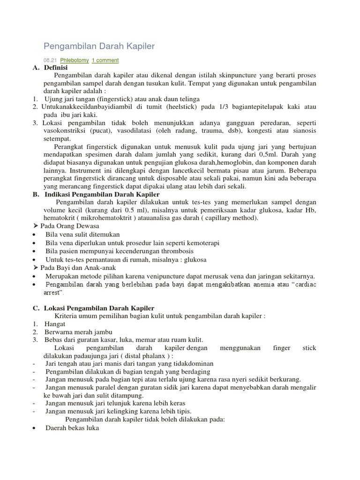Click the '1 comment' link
[x=105, y=60]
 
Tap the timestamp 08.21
[x=49, y=60]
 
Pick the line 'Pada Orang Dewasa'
[x=67, y=226]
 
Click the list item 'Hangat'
[x=55, y=324]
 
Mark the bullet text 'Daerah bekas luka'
[x=72, y=427]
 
